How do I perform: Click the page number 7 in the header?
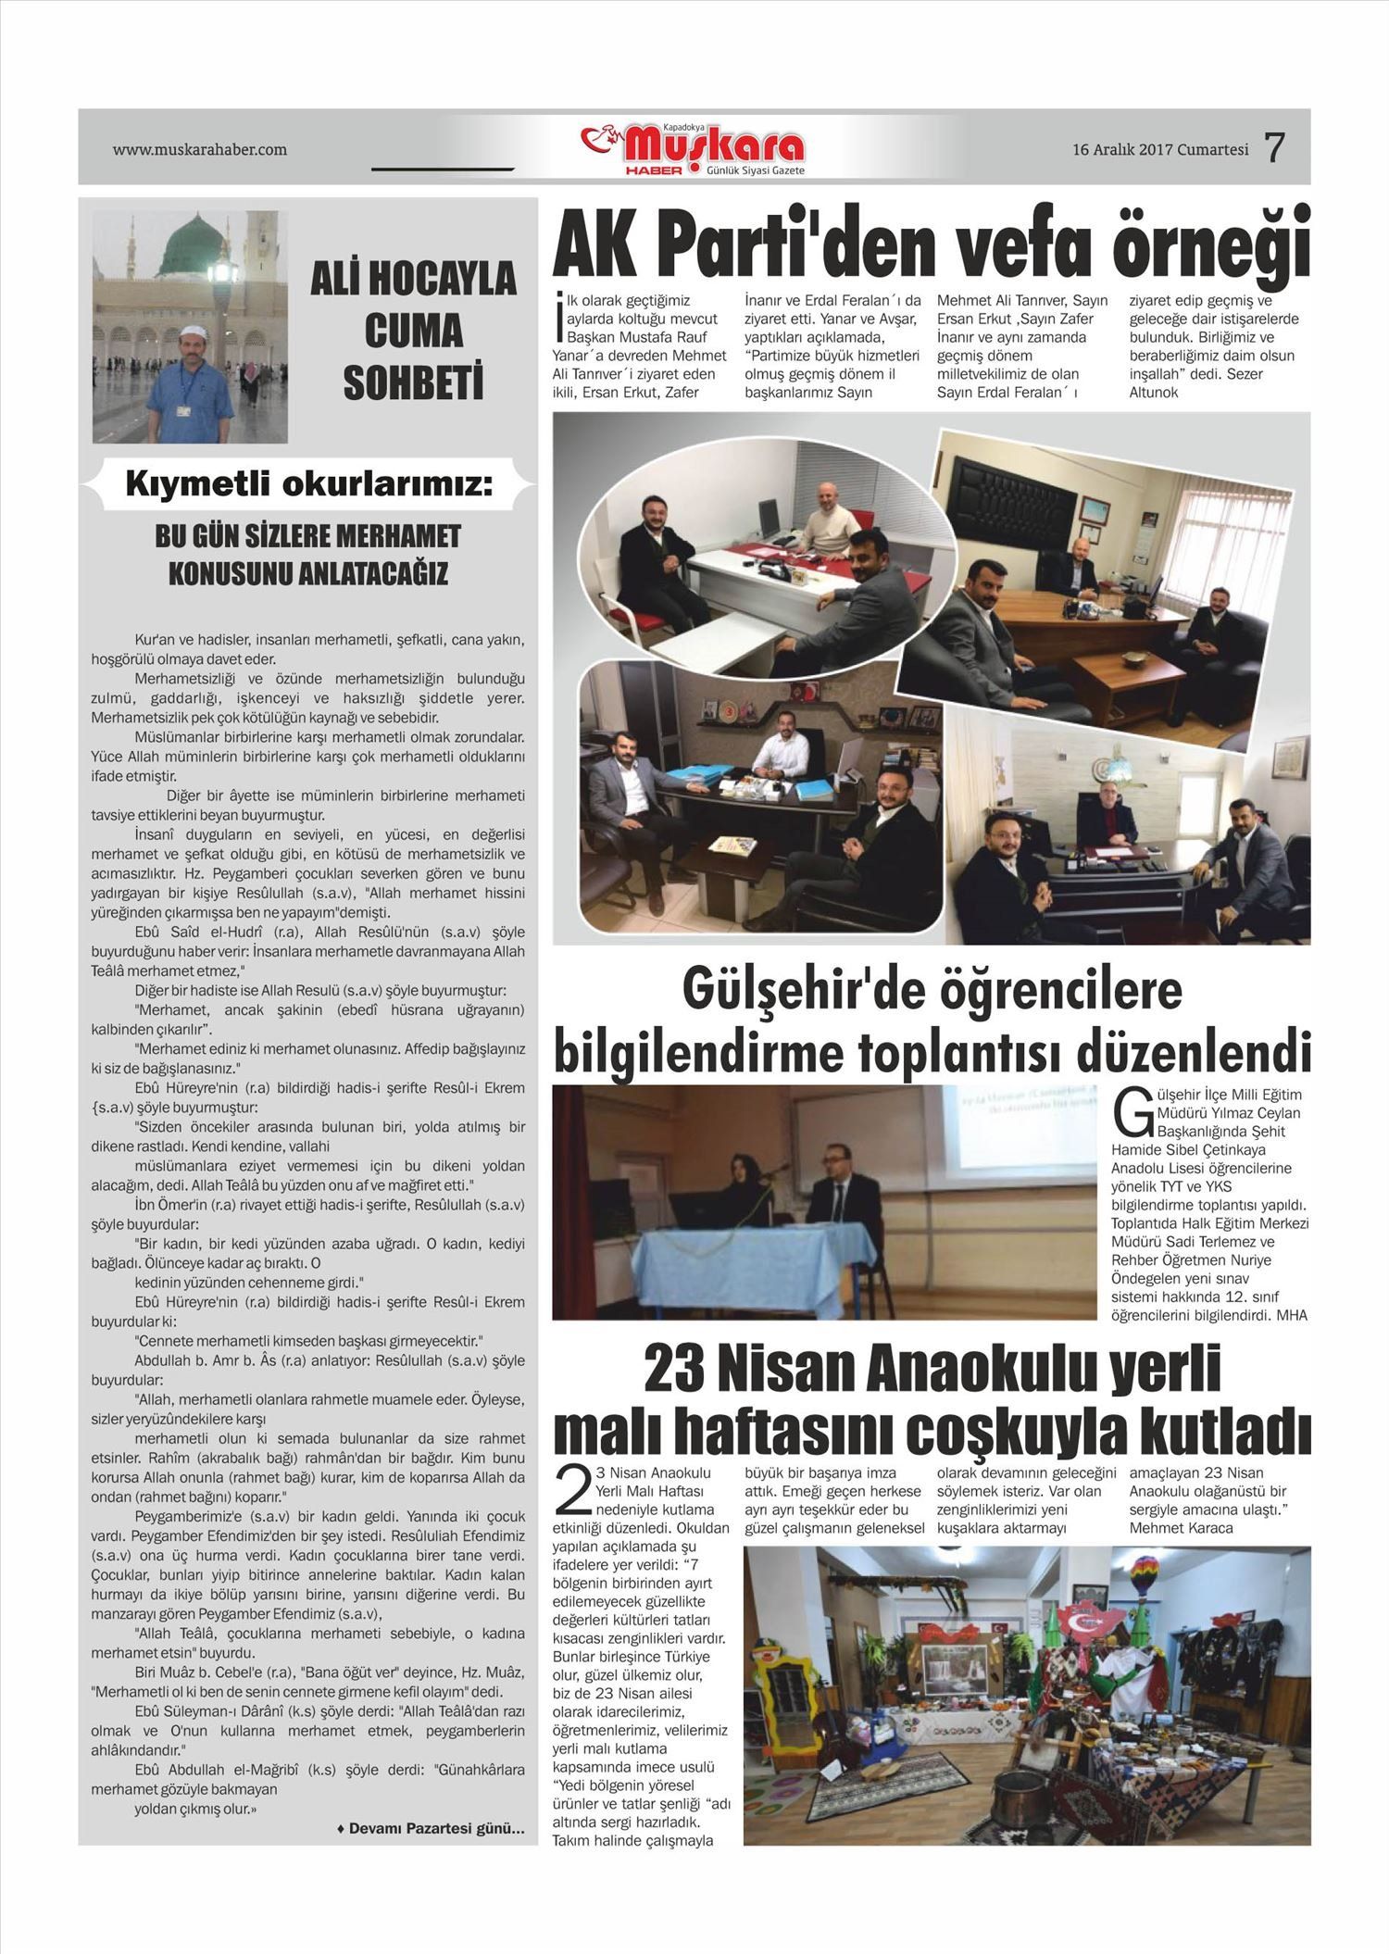click(1275, 148)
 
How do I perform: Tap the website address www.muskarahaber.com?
click(199, 149)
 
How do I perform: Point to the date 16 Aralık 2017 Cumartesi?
click(1160, 149)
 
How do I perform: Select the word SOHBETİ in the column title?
click(413, 383)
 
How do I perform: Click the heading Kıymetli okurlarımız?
click(308, 485)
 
